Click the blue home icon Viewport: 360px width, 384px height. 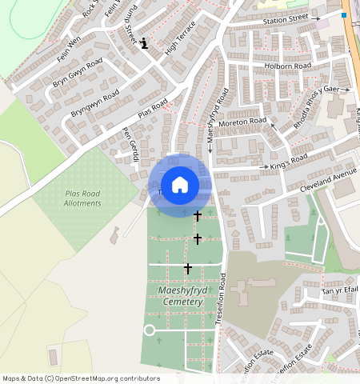coord(180,185)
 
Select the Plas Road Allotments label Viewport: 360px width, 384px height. coord(83,198)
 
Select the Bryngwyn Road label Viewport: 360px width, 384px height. coord(94,104)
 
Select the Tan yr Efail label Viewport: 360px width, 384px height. coord(337,290)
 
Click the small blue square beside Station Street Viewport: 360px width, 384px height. coord(343,15)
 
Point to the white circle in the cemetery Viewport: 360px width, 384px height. coord(149,330)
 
